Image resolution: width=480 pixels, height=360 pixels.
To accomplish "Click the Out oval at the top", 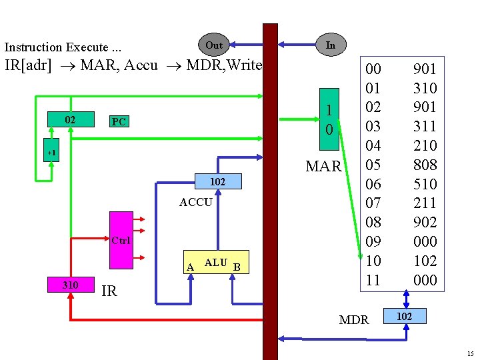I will click(214, 45).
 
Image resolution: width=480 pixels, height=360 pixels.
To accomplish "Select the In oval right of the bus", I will click(330, 45).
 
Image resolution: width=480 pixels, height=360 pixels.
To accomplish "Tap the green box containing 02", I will click(70, 120).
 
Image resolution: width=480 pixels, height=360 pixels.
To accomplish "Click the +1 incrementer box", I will click(51, 153).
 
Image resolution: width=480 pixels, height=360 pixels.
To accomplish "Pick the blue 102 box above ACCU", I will click(218, 181).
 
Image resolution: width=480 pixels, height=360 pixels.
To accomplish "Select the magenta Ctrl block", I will click(121, 240).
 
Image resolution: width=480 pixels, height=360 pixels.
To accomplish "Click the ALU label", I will click(216, 263).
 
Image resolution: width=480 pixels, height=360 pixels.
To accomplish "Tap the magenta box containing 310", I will click(70, 285).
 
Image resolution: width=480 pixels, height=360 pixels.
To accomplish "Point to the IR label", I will click(109, 291).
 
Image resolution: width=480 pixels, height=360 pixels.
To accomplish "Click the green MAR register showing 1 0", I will click(329, 120).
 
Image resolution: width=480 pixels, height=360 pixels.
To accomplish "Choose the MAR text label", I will click(323, 166).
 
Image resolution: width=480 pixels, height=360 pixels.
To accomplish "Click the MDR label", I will click(354, 320).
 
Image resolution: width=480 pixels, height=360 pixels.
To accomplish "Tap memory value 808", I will click(425, 165).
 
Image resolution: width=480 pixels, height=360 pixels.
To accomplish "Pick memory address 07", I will click(373, 203).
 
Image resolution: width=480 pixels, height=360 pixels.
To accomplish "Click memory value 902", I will click(425, 222).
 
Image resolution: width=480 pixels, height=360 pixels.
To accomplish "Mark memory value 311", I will click(425, 126).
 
